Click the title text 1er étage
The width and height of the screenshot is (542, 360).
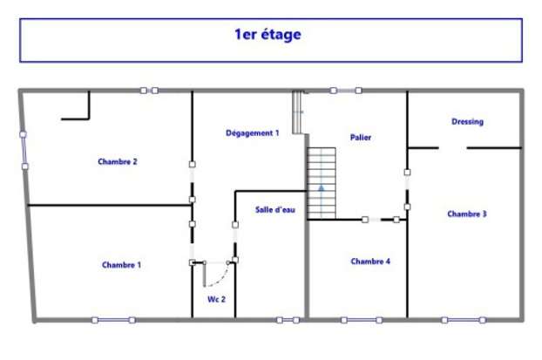pos(268,35)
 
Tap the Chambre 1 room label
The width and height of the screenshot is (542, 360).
pos(121,265)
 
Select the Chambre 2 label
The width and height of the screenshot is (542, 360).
pos(118,161)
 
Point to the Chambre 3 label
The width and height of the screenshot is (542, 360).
pos(467,214)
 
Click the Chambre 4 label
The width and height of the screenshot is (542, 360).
pos(370,262)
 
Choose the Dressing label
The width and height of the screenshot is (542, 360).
pos(467,122)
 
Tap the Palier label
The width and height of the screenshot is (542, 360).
pos(361,138)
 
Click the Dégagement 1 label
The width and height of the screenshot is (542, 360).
pos(253,133)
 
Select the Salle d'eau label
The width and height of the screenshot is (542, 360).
pos(275,209)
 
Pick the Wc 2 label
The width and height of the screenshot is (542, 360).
pos(216,300)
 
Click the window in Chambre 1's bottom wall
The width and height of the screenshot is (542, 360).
pos(113,320)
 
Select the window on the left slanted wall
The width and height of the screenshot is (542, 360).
pos(24,151)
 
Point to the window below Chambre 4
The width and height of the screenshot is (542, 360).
pos(362,320)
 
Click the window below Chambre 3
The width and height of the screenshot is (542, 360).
pos(464,320)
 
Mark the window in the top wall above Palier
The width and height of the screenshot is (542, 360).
pos(346,91)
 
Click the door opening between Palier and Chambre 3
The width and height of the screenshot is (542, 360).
pos(407,189)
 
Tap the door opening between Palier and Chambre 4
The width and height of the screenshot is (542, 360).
pos(381,220)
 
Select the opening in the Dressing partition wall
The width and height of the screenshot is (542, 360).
pos(453,148)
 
